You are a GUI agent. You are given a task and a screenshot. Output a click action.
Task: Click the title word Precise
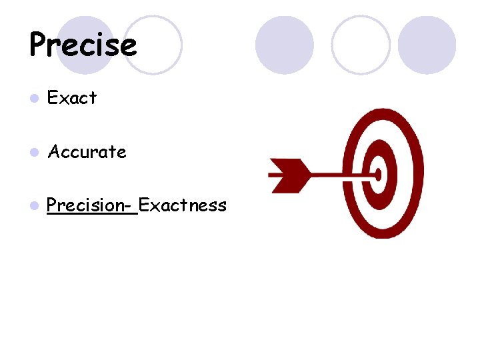83,45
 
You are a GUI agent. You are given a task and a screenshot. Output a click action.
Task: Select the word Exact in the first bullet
73,98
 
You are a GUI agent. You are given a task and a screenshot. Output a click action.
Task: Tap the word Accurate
87,152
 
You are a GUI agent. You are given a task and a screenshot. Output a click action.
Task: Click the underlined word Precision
85,205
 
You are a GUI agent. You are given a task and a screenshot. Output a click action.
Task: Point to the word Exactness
183,205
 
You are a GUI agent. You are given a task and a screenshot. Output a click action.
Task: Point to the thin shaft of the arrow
340,174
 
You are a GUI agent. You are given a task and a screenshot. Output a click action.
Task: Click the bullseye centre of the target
378,174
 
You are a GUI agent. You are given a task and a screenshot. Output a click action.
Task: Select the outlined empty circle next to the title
155,45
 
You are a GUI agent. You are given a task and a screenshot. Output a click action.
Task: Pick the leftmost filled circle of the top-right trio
285,45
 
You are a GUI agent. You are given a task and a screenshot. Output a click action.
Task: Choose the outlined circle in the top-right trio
361,45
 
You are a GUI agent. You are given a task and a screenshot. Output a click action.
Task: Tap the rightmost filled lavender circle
427,45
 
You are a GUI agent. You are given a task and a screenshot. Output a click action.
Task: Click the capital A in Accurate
55,152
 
